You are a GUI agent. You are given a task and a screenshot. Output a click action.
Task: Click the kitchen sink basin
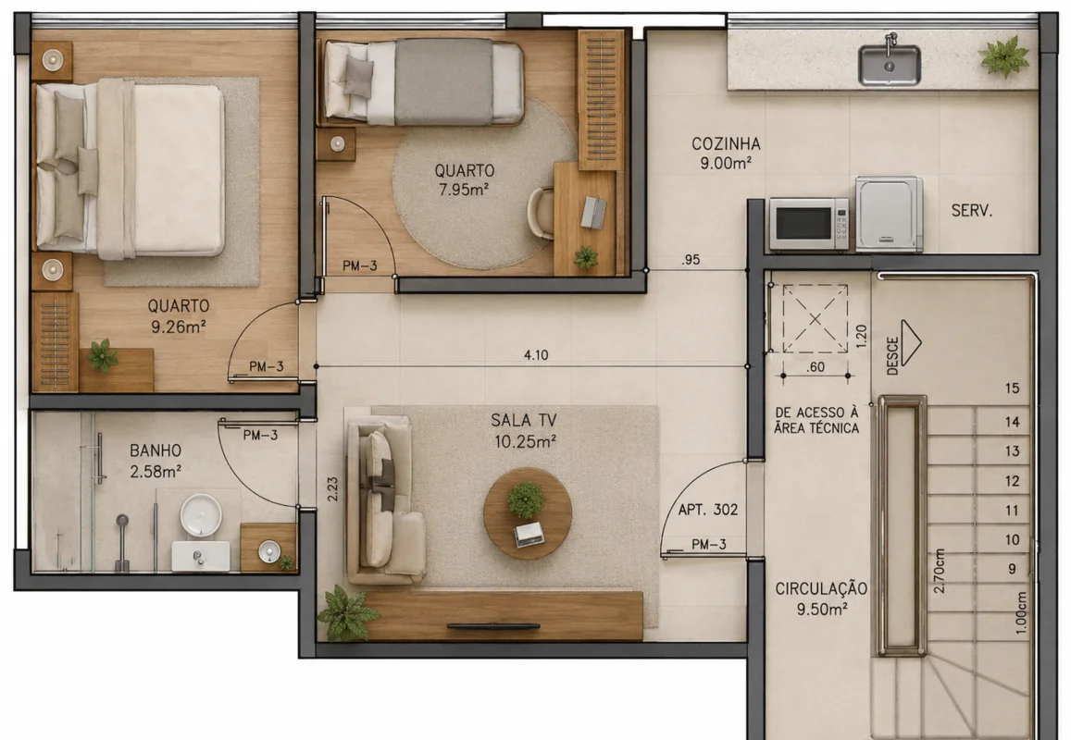pos(889,66)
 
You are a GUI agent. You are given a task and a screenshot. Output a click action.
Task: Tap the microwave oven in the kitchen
pos(809,223)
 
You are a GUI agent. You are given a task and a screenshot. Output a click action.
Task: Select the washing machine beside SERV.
pos(890,214)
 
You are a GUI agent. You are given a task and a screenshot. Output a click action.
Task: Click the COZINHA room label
pos(726,144)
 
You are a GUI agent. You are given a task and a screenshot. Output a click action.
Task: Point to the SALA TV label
pos(523,421)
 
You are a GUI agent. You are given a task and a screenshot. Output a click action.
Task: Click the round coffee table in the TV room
pos(528,512)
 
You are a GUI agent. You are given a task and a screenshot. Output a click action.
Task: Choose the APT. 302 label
pos(707,510)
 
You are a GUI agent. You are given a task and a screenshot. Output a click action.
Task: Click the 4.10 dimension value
pos(536,355)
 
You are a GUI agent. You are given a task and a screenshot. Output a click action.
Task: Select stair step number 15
pos(1013,388)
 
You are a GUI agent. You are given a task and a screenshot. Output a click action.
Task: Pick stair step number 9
pos(1013,569)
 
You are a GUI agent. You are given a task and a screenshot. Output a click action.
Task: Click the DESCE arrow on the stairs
pos(911,342)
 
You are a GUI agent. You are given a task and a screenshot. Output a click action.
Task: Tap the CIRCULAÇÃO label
pos(821,588)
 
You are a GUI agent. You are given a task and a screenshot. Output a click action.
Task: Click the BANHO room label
pos(156,450)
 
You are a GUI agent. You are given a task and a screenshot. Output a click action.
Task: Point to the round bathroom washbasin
pos(201,514)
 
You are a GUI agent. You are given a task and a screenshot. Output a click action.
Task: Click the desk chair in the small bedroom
pos(541,213)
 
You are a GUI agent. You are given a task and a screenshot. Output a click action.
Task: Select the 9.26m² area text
pos(179,327)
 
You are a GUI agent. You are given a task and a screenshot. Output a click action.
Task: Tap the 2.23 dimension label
pos(332,488)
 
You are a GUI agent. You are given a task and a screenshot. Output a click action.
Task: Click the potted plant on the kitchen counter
pos(1003,56)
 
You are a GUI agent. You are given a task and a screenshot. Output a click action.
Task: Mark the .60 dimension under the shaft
pos(816,367)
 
